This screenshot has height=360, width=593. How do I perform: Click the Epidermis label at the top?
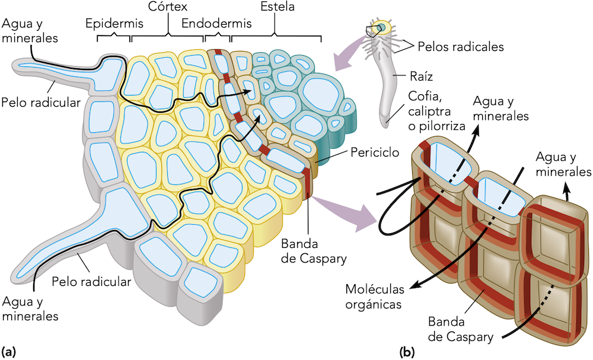(110, 24)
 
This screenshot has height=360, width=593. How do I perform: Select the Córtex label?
(167, 7)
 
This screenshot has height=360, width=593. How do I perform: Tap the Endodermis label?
(216, 24)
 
